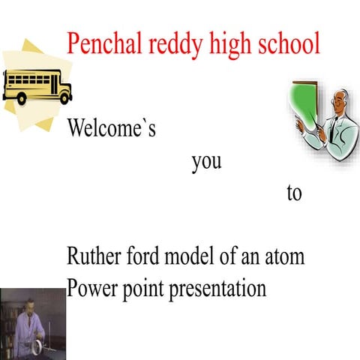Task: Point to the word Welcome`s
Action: tap(112, 128)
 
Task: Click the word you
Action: tap(206, 161)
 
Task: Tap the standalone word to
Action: tap(293, 193)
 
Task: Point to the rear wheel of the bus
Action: tap(19, 97)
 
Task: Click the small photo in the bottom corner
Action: tap(32, 324)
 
